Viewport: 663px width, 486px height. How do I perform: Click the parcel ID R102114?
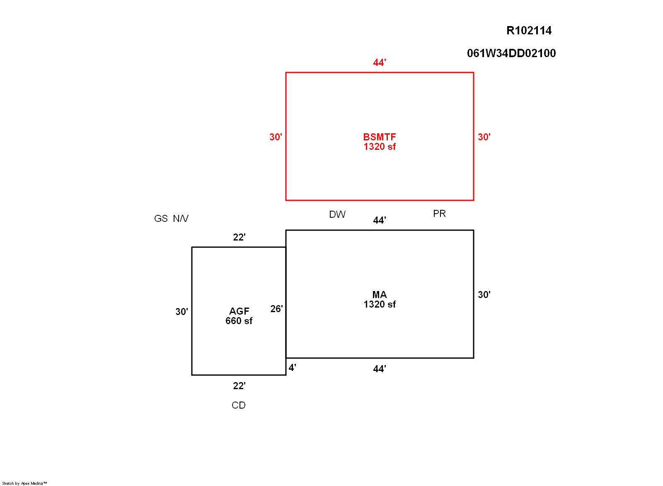(x=529, y=31)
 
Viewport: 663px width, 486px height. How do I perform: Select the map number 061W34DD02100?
(x=511, y=53)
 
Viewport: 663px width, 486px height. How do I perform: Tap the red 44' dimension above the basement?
(x=380, y=63)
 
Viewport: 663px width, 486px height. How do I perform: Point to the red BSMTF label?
(x=380, y=137)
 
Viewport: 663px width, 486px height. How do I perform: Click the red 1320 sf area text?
(x=380, y=147)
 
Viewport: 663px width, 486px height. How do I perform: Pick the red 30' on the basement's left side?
(x=276, y=137)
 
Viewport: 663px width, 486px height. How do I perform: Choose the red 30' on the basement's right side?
(x=484, y=137)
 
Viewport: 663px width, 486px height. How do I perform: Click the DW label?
(x=337, y=214)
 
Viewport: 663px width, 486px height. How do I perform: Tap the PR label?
(x=439, y=214)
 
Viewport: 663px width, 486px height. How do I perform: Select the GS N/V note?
(x=171, y=219)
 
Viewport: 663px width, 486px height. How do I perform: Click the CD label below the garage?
(x=239, y=405)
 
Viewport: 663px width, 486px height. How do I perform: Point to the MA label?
(x=380, y=295)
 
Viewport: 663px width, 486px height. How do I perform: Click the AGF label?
(x=239, y=311)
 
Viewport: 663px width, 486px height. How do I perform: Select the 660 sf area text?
(x=239, y=321)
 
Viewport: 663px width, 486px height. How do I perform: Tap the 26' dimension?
(x=276, y=309)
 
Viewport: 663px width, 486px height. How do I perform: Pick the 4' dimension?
(x=293, y=368)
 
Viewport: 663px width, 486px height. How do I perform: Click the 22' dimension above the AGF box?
(x=239, y=237)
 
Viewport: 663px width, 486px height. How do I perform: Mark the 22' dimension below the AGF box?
(x=239, y=386)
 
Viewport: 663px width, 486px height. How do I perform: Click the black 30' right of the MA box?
(x=484, y=295)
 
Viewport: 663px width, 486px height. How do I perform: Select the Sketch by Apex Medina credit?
(x=24, y=484)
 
